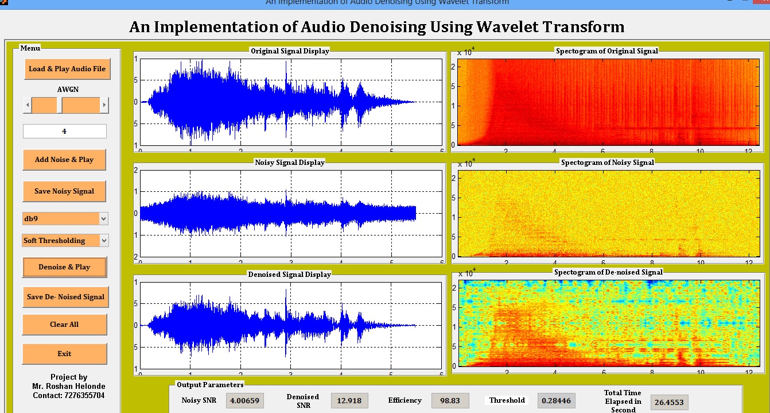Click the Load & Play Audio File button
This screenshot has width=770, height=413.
click(x=67, y=69)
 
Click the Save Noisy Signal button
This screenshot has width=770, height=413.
click(x=64, y=191)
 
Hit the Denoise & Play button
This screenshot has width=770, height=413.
click(x=64, y=267)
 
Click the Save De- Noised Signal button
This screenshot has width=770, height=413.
click(x=65, y=297)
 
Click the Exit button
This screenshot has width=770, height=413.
click(x=64, y=354)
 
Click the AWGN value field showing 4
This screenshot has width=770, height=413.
click(x=64, y=132)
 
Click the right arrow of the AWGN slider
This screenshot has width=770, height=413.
click(x=104, y=105)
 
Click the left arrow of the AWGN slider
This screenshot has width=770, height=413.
click(x=27, y=105)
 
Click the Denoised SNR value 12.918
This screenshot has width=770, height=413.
click(x=349, y=400)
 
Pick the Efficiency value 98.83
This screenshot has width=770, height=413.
click(x=450, y=400)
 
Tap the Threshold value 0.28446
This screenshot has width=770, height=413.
click(x=556, y=400)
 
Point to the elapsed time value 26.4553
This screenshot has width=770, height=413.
click(x=669, y=402)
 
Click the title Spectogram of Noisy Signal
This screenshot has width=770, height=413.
click(x=607, y=163)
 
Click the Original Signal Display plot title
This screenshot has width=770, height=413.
click(x=290, y=51)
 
